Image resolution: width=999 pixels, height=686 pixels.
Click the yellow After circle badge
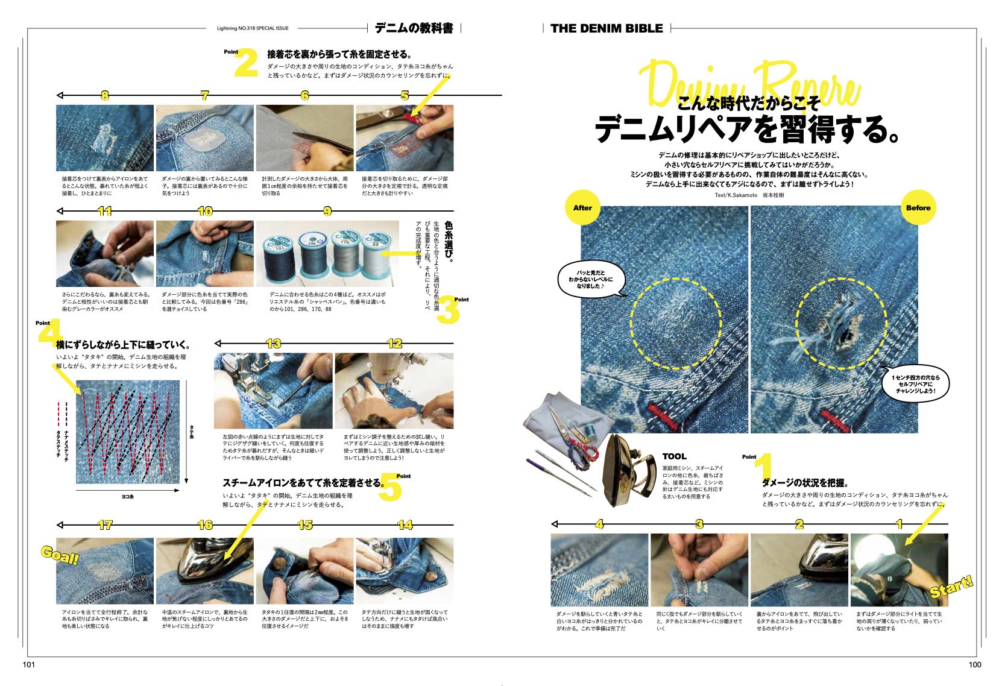pos(582,208)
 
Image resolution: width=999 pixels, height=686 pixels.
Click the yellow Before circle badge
pos(918,208)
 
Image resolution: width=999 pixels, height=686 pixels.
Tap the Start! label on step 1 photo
pos(951,587)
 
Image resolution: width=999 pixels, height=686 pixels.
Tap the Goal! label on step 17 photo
pos(60,555)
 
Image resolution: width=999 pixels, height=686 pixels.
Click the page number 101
pos(30,664)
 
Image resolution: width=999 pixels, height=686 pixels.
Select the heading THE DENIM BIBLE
pos(607,28)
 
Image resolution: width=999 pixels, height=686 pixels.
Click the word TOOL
pos(674,456)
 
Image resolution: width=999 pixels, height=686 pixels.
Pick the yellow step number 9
pos(327,211)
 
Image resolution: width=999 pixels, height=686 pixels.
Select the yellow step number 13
pos(273,344)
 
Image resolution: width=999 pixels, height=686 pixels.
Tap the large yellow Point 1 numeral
pos(763,467)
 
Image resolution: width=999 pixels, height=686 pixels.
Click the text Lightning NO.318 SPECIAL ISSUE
pos(253,28)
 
